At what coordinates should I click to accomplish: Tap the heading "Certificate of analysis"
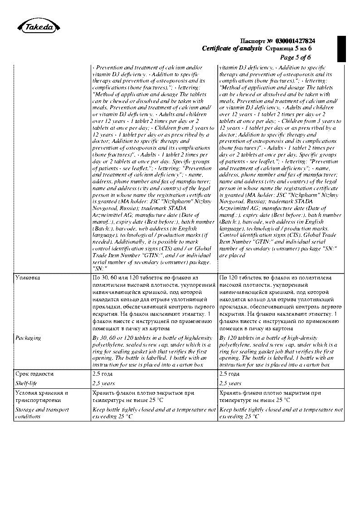coord(232,49)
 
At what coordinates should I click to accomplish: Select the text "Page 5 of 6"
coord(296,57)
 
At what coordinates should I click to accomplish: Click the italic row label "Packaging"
coord(28,338)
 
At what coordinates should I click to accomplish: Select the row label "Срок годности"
coord(34,374)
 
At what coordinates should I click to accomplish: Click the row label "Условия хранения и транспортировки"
coord(41,396)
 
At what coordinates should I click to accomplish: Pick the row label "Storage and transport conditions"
coord(42,413)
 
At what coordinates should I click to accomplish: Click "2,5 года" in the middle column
coord(102,374)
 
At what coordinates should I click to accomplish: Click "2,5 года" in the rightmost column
coord(229,374)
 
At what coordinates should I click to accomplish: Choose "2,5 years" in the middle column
coord(103,383)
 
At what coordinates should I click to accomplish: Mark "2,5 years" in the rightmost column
coord(230,383)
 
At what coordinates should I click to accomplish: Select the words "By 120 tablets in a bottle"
coord(254,338)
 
